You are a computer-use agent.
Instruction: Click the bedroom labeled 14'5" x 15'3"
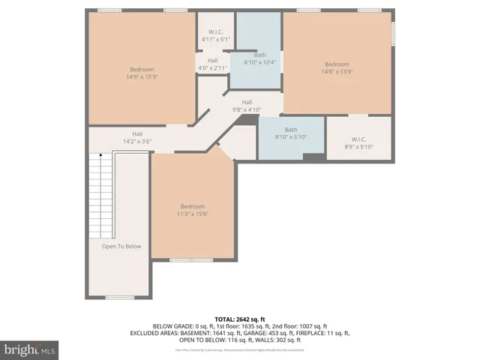tap(142, 72)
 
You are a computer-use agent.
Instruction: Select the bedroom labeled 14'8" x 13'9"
tap(337, 67)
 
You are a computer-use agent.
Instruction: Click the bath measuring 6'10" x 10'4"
tap(259, 58)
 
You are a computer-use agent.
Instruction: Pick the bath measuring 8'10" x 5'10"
tap(290, 133)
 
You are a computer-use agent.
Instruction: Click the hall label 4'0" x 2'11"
tap(212, 64)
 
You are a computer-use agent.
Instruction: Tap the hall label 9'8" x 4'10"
tap(246, 106)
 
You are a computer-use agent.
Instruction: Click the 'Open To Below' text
tap(121, 246)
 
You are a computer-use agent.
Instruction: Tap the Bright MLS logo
tap(30, 349)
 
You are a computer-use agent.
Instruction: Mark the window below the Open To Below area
tap(119, 298)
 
